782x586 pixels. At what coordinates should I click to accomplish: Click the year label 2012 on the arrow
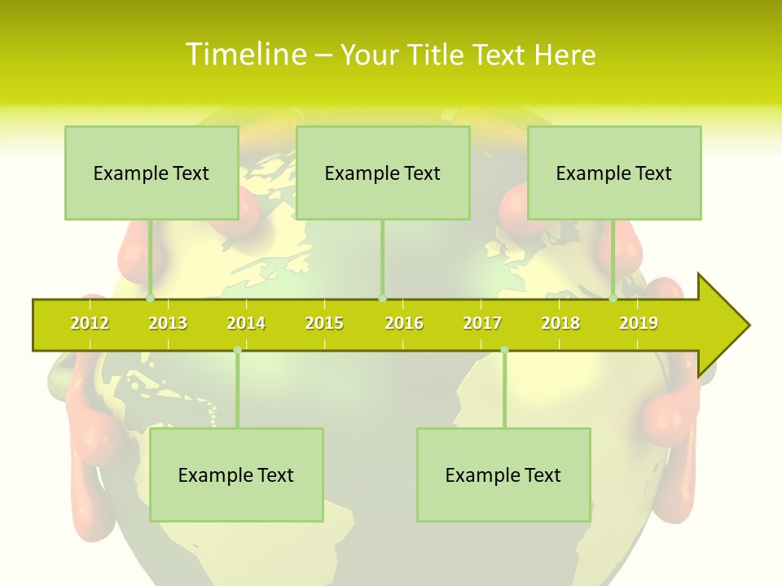tap(90, 323)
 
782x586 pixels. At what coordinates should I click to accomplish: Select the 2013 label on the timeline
tap(168, 323)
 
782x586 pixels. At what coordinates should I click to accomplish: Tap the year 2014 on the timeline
tap(246, 323)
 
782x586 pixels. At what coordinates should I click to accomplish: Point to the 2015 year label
tap(324, 323)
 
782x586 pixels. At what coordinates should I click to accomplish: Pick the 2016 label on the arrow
tap(404, 323)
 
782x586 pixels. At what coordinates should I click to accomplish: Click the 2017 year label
tap(482, 323)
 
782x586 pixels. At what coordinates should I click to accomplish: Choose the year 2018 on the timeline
tap(560, 323)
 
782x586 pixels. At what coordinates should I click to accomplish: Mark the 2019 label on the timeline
tap(639, 323)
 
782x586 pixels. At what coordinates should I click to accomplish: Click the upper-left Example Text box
tap(152, 173)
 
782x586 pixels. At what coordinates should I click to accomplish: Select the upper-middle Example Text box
tap(383, 173)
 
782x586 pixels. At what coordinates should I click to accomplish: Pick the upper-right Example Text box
tap(614, 173)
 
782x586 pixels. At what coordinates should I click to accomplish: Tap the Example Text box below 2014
tap(236, 474)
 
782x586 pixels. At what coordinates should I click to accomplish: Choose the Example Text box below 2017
tap(503, 474)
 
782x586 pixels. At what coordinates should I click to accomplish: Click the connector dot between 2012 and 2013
tap(151, 298)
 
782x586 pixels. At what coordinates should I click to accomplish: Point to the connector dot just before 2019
tap(613, 298)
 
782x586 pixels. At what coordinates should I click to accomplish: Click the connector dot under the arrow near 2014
tap(237, 350)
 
